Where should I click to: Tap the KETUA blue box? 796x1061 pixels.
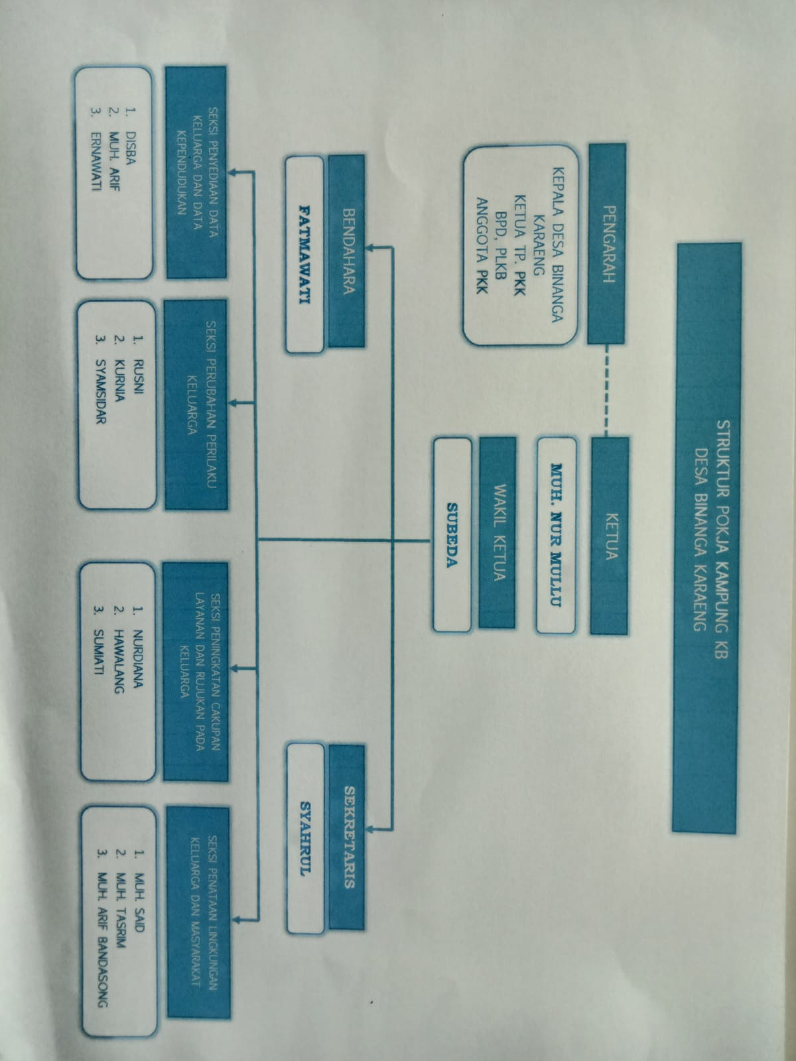tap(609, 536)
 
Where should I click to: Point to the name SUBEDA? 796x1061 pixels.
tap(452, 534)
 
